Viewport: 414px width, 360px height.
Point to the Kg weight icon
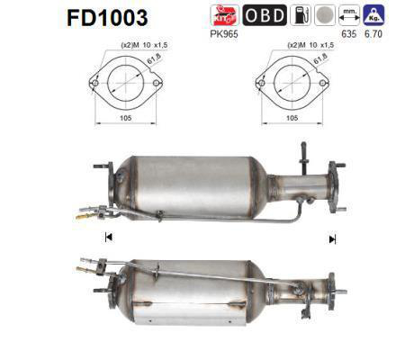(x=373, y=14)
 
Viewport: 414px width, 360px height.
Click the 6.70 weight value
(x=373, y=36)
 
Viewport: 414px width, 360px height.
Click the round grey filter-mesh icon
(x=324, y=15)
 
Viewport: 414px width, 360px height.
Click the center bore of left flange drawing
(x=121, y=84)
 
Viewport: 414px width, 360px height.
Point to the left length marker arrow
(x=109, y=238)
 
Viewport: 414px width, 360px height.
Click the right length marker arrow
(x=332, y=238)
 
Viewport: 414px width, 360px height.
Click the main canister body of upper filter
(x=193, y=184)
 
